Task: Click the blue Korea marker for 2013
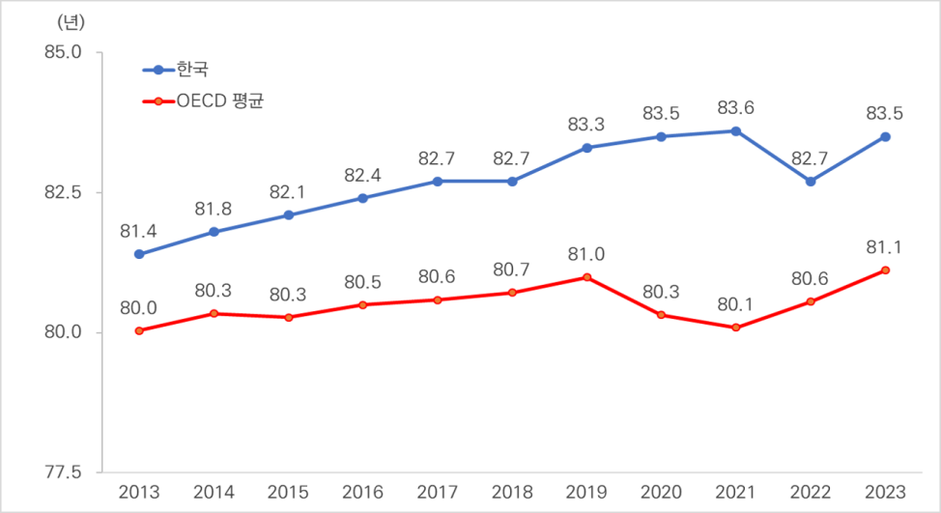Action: (x=139, y=254)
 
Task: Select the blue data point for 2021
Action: (x=736, y=131)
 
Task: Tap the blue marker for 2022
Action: (x=811, y=182)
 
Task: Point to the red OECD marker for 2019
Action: (x=587, y=277)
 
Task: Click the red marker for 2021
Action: (x=736, y=328)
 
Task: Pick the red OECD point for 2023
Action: (x=885, y=271)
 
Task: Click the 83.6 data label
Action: (x=736, y=108)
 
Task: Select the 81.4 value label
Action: (x=138, y=231)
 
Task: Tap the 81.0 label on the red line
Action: (x=586, y=254)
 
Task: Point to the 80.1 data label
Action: (x=736, y=304)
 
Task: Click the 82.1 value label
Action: (x=288, y=192)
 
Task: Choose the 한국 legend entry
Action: (x=175, y=70)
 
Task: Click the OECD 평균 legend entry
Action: (x=203, y=100)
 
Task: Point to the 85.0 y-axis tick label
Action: (x=63, y=52)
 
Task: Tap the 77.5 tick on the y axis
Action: (x=63, y=472)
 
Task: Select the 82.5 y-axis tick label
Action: (x=63, y=192)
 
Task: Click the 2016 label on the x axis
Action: (x=362, y=493)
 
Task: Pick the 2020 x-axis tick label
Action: (x=661, y=493)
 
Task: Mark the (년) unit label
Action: (x=71, y=23)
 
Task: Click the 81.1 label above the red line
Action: (x=885, y=247)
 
